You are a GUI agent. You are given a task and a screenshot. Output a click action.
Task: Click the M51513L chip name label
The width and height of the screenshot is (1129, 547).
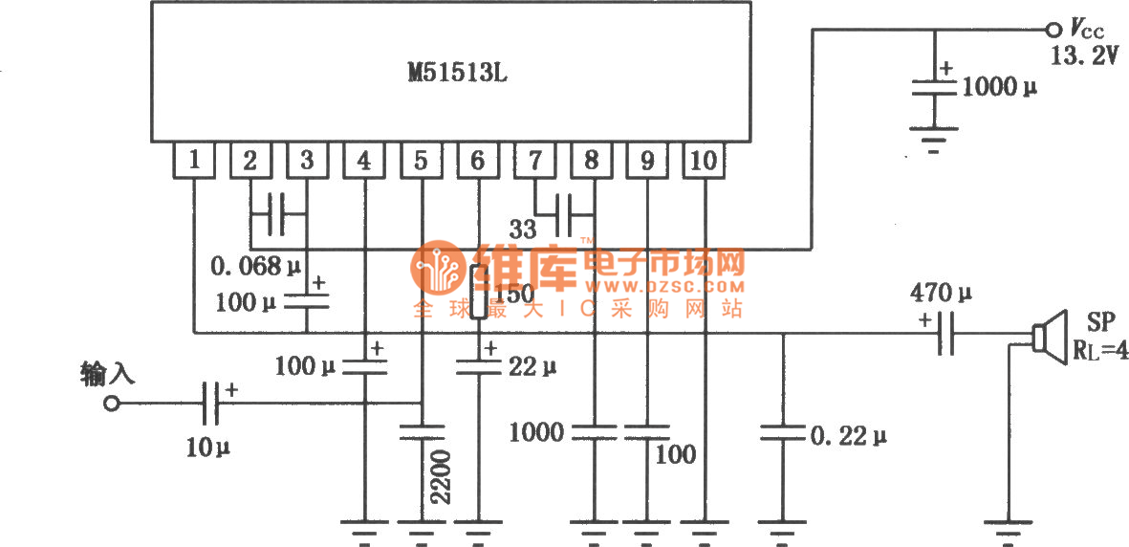pyautogui.click(x=451, y=74)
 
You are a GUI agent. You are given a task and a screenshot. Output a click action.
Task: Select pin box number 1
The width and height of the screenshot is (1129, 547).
pyautogui.click(x=194, y=161)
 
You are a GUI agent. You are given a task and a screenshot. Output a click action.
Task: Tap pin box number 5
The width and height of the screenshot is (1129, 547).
pyautogui.click(x=421, y=161)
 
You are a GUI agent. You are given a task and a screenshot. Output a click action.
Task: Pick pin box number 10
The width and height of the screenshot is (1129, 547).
pyautogui.click(x=703, y=161)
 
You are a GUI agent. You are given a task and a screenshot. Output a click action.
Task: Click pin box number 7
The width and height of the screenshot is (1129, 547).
pyautogui.click(x=533, y=161)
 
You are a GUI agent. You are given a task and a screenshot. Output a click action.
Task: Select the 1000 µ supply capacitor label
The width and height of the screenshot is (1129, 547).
pyautogui.click(x=999, y=88)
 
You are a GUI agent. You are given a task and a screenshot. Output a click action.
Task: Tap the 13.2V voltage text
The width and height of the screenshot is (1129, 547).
pyautogui.click(x=1084, y=57)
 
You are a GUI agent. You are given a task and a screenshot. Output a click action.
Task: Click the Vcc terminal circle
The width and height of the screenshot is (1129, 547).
pyautogui.click(x=1054, y=29)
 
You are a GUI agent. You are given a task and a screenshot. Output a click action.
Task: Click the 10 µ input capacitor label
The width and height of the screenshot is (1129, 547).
pyautogui.click(x=208, y=446)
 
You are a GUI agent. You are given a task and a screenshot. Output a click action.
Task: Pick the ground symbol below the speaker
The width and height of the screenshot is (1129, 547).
pyautogui.click(x=1010, y=528)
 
